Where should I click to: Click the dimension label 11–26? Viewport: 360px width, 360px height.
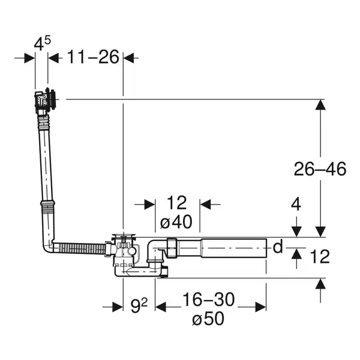(x=93, y=57)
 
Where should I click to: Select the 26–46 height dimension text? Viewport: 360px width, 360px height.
(x=320, y=169)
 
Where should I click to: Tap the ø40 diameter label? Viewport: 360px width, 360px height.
(x=176, y=222)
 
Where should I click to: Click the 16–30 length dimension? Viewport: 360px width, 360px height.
(x=208, y=299)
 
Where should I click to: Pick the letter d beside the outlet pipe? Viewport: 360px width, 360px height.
(x=278, y=247)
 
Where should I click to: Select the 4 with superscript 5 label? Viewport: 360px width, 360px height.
(x=42, y=43)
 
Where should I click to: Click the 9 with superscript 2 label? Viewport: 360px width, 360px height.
(x=139, y=305)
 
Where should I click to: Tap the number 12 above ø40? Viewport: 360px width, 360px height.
(x=176, y=203)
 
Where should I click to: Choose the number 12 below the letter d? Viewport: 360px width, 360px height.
(x=320, y=256)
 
